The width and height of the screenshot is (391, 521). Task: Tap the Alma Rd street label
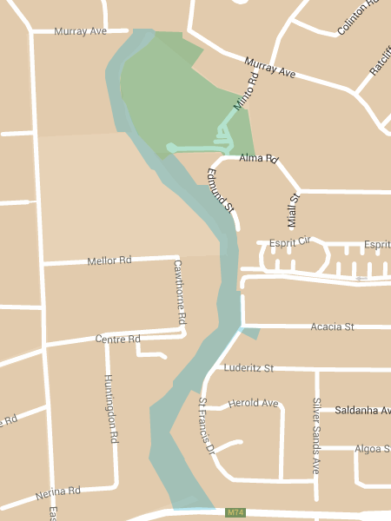tap(257, 159)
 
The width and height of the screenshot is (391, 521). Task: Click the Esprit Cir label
tap(290, 241)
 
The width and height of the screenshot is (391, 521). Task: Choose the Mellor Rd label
tap(109, 260)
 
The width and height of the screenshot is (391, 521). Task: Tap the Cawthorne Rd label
tap(179, 292)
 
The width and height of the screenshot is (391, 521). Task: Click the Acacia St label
tap(333, 327)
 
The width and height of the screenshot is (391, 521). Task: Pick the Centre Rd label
tap(117, 339)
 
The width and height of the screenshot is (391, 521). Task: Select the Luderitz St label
tap(249, 368)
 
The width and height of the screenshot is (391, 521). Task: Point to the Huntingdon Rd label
tap(110, 408)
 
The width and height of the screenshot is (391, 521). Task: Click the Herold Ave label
tap(253, 404)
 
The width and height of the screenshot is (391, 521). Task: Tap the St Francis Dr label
tap(206, 425)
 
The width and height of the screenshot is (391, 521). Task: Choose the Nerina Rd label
tap(58, 494)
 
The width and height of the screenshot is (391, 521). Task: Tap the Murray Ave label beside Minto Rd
tap(270, 69)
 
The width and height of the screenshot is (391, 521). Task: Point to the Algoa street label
tap(372, 449)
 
